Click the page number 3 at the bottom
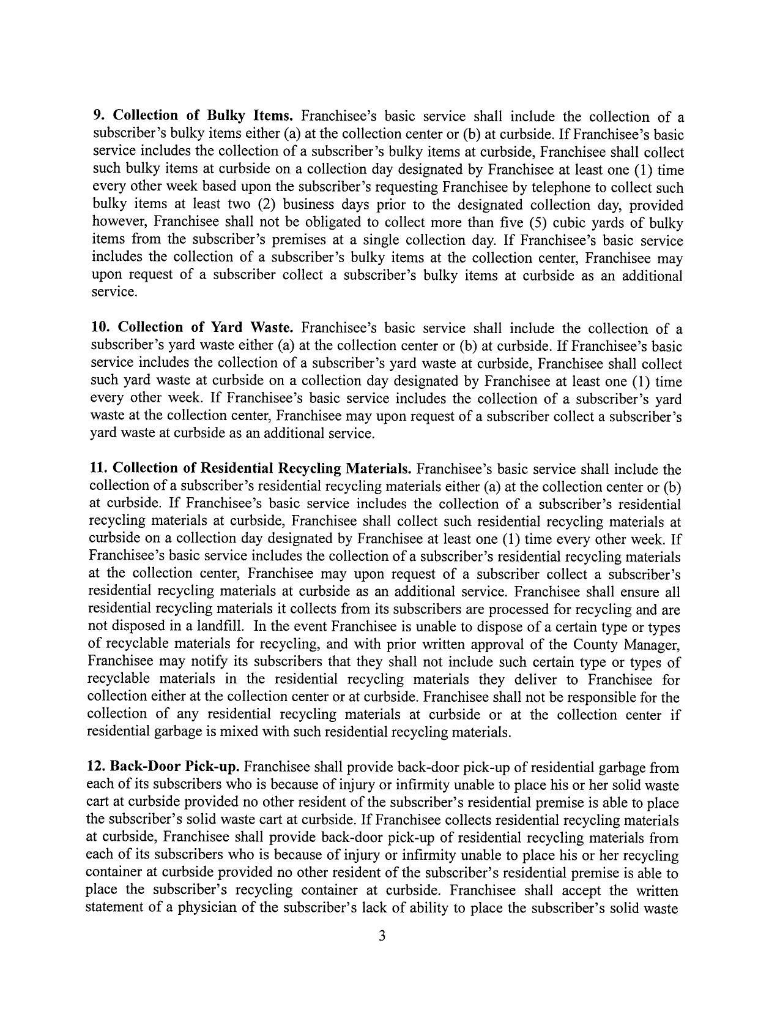382,936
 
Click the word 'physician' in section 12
207,908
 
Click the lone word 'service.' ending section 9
114,293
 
